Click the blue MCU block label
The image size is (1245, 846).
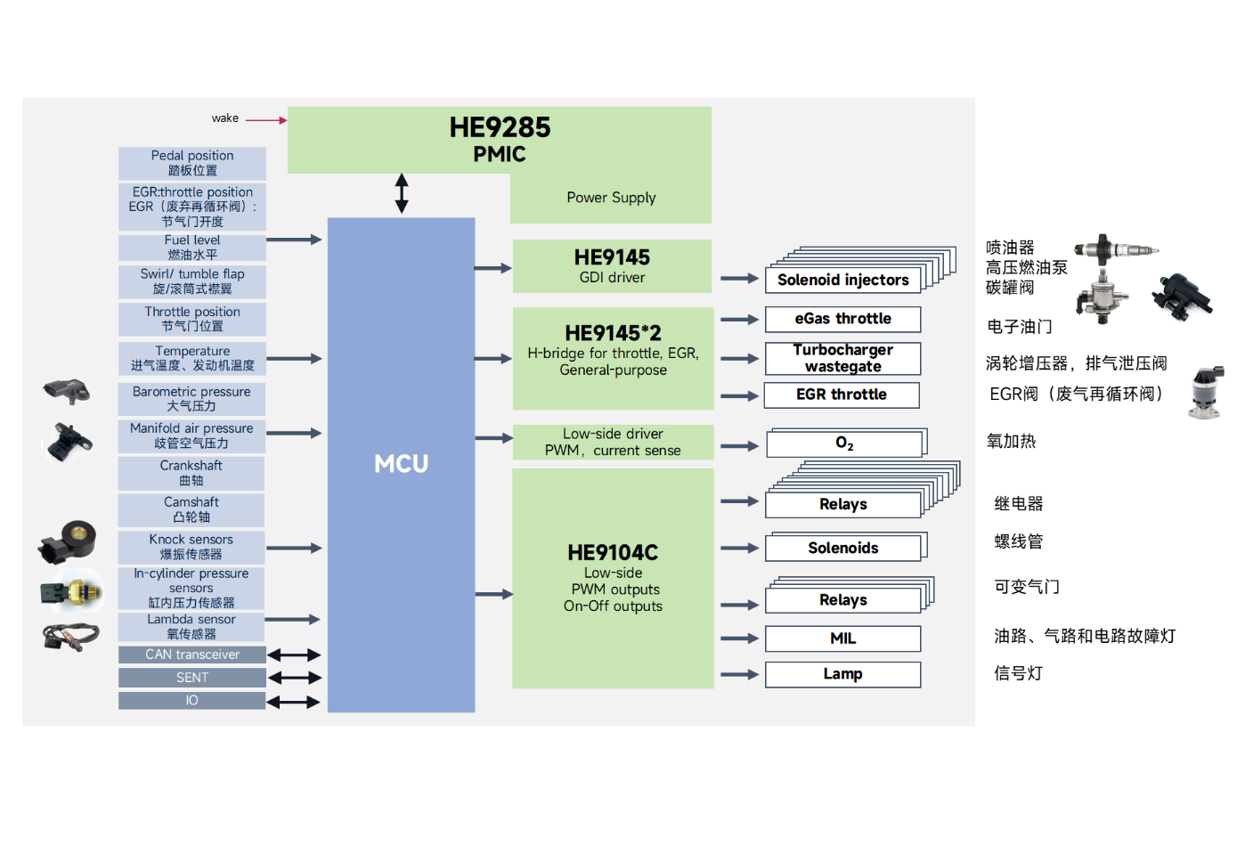401,464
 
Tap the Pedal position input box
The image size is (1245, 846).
192,163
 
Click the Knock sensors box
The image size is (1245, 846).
191,547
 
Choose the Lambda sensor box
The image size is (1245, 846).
191,626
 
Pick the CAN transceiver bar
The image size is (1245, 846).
192,655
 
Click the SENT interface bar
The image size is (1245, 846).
192,678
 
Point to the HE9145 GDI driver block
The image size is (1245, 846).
612,266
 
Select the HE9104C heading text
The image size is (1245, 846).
613,553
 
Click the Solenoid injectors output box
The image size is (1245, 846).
842,280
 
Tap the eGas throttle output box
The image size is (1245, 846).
842,319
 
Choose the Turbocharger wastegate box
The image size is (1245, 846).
842,358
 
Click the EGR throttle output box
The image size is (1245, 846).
842,395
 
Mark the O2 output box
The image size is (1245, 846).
844,443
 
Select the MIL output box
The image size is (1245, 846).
842,639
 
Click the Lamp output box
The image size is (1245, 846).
842,674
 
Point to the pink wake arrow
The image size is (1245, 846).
265,119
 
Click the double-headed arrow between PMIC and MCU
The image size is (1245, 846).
402,193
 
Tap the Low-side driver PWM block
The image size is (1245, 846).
613,442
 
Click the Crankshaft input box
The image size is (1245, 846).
191,473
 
